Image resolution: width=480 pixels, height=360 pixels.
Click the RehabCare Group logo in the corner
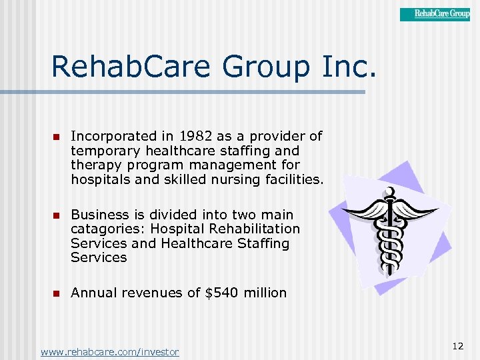(x=435, y=14)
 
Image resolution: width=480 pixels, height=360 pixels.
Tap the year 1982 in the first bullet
(x=195, y=136)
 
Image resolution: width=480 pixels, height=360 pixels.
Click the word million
(x=265, y=293)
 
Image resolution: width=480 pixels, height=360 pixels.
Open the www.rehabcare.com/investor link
(x=109, y=352)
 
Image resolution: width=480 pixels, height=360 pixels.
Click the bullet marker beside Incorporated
(x=57, y=137)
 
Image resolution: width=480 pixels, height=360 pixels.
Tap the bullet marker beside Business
(x=57, y=215)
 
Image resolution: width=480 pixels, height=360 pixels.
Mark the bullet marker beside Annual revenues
(x=57, y=293)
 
